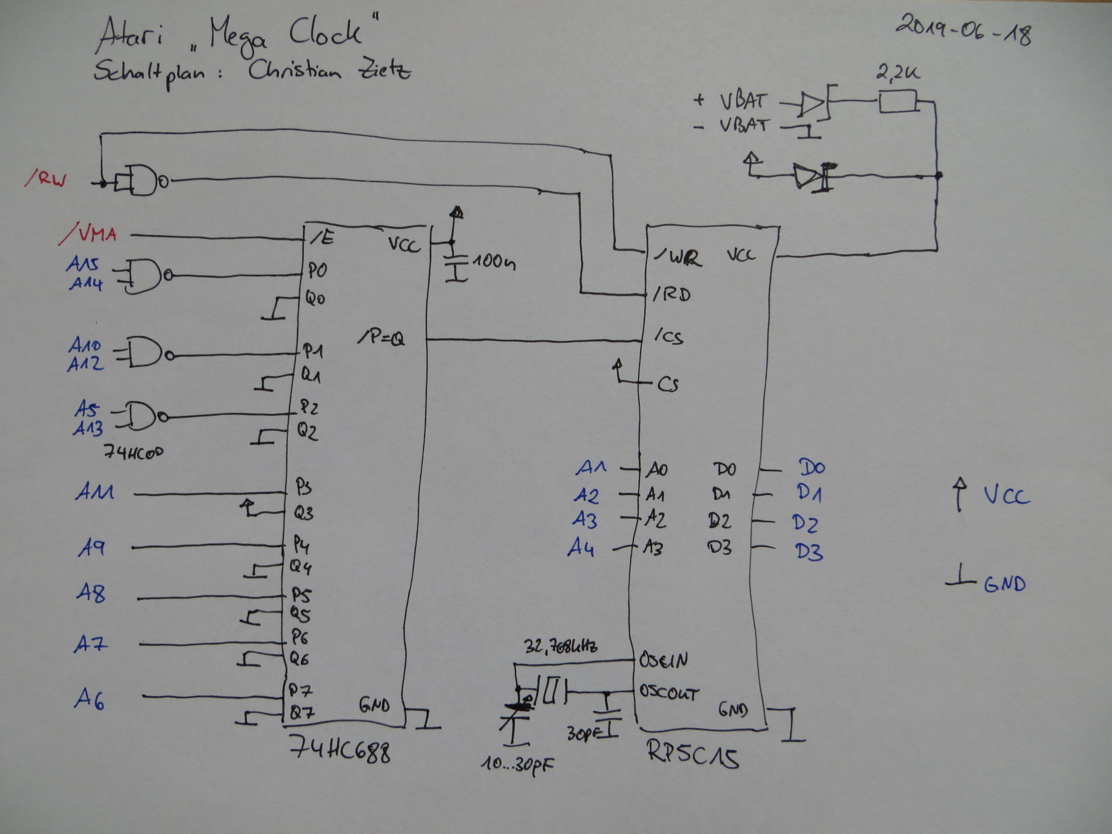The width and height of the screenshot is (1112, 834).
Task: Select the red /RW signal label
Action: pyautogui.click(x=45, y=178)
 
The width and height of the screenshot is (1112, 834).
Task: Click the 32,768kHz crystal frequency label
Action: pyautogui.click(x=560, y=646)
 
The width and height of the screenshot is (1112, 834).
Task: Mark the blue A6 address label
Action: pyautogui.click(x=90, y=699)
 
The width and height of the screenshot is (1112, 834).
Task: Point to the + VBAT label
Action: pyautogui.click(x=731, y=101)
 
